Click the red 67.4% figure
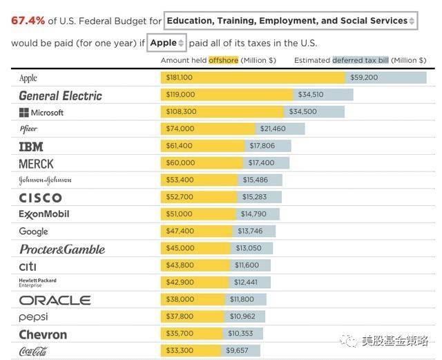pyautogui.click(x=28, y=21)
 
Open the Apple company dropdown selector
pyautogui.click(x=166, y=43)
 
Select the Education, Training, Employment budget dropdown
pyautogui.click(x=291, y=21)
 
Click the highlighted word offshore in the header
pyautogui.click(x=223, y=60)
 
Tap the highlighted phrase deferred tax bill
pyautogui.click(x=361, y=60)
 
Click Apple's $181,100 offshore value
pyautogui.click(x=180, y=77)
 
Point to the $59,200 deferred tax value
pyautogui.click(x=364, y=77)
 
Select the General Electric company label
pyautogui.click(x=60, y=95)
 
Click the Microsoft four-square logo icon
pyautogui.click(x=24, y=113)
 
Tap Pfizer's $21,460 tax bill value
pyautogui.click(x=273, y=129)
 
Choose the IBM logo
pyautogui.click(x=31, y=146)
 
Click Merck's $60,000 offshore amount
pyautogui.click(x=180, y=163)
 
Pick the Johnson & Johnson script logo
pyautogui.click(x=45, y=180)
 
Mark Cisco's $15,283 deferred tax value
pyautogui.click(x=254, y=197)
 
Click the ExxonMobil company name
pyautogui.click(x=44, y=214)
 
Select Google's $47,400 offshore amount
pyautogui.click(x=180, y=231)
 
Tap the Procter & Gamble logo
pyautogui.click(x=62, y=249)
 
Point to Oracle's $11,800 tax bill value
pyautogui.click(x=242, y=299)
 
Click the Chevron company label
pyautogui.click(x=43, y=334)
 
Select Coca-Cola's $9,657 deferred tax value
pyautogui.click(x=237, y=350)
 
